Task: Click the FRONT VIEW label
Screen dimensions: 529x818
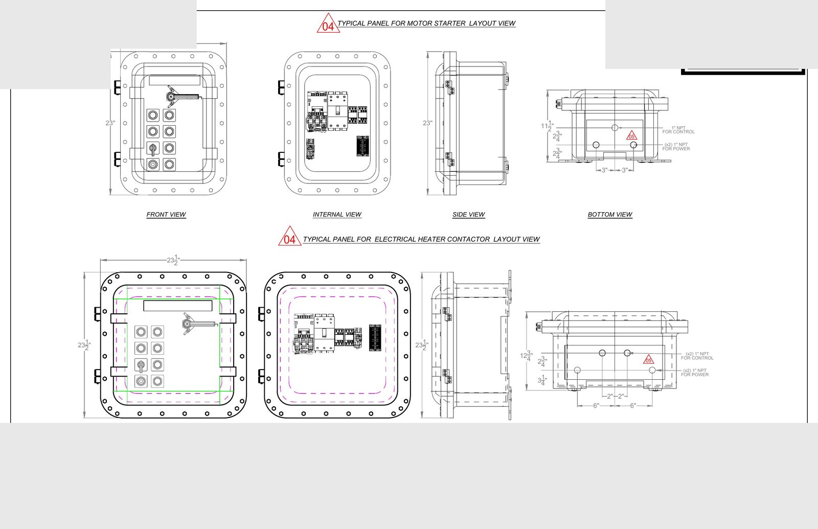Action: [x=166, y=215]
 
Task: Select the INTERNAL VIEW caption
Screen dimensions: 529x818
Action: [x=337, y=215]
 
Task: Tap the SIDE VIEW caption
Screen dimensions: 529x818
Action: [x=468, y=215]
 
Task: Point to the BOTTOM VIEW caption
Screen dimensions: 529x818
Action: [x=610, y=215]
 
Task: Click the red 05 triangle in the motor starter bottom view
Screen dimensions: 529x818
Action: [x=632, y=136]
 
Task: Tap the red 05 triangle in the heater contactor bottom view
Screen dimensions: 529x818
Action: [x=648, y=360]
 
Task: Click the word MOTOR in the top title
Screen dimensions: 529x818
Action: [x=419, y=24]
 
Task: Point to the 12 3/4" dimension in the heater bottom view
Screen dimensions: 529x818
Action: [x=526, y=356]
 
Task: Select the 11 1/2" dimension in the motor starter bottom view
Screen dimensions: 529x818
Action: [x=547, y=126]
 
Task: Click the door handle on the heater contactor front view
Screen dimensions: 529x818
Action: [x=197, y=324]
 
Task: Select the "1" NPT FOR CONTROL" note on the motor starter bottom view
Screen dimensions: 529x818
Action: [x=678, y=130]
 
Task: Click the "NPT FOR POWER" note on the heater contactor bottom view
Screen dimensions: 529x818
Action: [x=695, y=373]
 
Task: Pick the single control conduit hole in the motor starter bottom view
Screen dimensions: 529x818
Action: [x=615, y=127]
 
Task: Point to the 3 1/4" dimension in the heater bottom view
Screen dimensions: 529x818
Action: [x=542, y=380]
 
